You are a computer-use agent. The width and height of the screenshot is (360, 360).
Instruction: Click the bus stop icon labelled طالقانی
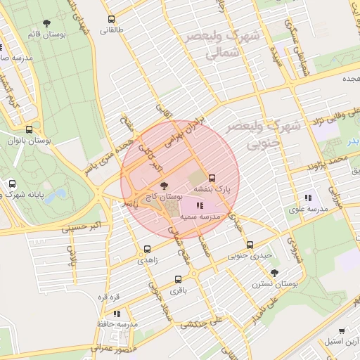pyautogui.click(x=111, y=20)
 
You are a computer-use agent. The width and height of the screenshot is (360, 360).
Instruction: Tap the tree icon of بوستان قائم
pyautogui.click(x=47, y=23)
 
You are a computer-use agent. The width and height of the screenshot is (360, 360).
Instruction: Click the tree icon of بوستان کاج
pyautogui.click(x=164, y=186)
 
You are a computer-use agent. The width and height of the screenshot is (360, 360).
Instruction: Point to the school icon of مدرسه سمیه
pyautogui.click(x=200, y=206)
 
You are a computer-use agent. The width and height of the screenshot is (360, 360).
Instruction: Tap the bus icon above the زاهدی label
pyautogui.click(x=147, y=249)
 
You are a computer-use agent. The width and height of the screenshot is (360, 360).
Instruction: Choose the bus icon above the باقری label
pyautogui.click(x=177, y=279)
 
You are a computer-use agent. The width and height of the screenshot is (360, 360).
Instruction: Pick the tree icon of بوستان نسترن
pyautogui.click(x=274, y=273)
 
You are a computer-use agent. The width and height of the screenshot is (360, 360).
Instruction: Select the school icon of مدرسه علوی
pyautogui.click(x=307, y=198)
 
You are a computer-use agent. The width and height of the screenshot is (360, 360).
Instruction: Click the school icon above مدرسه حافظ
pyautogui.click(x=117, y=314)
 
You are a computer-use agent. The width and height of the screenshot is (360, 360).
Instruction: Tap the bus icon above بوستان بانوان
pyautogui.click(x=29, y=129)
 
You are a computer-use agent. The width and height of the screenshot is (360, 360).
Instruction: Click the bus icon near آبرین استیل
pyautogui.click(x=342, y=330)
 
